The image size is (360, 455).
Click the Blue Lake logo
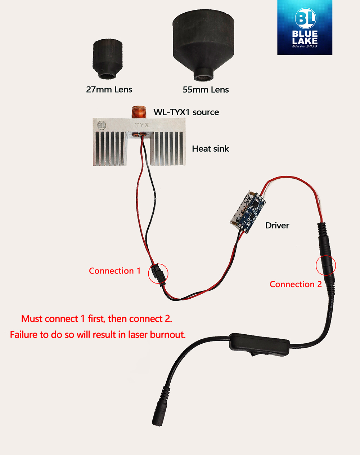pos(305,27)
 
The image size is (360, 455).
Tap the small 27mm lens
pos(108,59)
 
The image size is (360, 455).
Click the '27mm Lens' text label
pos(109,90)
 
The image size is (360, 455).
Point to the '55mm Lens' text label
pos(206,90)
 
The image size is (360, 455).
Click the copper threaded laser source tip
pos(139,112)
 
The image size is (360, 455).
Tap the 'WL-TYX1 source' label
pos(186,112)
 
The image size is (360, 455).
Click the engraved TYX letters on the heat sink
pos(142,125)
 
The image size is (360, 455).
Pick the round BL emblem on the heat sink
pos(102,125)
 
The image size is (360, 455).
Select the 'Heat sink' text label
pos(211,149)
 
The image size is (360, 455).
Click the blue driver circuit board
pos(248,211)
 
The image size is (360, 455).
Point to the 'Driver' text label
pos(277,226)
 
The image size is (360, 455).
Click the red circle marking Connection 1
pos(158,273)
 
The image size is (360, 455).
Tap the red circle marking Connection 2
pos(326,266)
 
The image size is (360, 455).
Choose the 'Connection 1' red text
pos(115,271)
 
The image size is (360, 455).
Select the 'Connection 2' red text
pos(296,284)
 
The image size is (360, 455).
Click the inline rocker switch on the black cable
pos(260,345)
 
